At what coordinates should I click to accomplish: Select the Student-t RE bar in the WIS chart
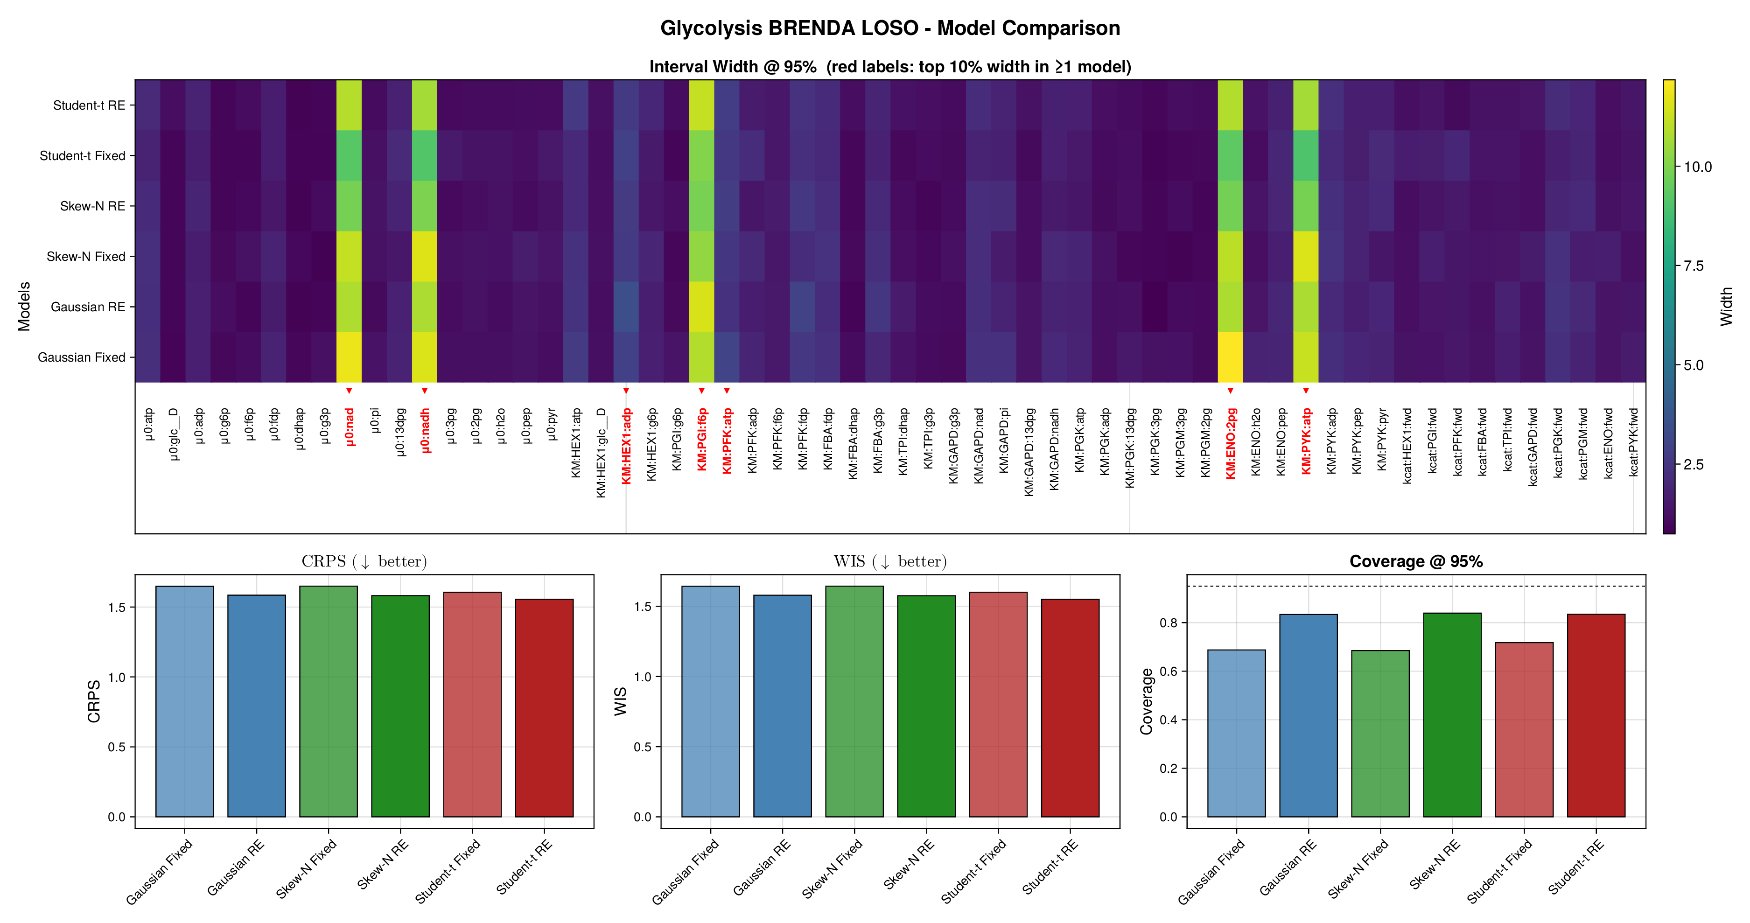[x=1070, y=708]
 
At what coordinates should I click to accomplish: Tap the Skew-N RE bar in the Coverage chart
[x=1452, y=714]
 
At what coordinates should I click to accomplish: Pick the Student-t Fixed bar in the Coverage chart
[x=1525, y=729]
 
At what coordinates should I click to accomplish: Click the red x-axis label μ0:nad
[x=349, y=427]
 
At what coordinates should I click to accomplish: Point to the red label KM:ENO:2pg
[x=1230, y=443]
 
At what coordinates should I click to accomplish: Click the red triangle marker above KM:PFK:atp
[x=727, y=391]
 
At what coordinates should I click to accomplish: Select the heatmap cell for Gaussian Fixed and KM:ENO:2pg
[x=1230, y=357]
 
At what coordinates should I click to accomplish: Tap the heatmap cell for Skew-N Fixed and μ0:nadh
[x=425, y=257]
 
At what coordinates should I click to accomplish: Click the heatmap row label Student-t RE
[x=89, y=105]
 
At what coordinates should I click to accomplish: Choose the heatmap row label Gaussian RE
[x=88, y=307]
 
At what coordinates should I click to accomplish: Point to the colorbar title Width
[x=1726, y=306]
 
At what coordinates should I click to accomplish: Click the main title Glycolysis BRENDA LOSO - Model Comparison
[x=890, y=28]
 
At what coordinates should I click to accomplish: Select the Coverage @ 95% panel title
[x=1416, y=562]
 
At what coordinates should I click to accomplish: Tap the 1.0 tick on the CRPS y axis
[x=117, y=677]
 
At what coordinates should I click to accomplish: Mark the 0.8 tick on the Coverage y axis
[x=1169, y=623]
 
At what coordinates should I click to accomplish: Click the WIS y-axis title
[x=620, y=701]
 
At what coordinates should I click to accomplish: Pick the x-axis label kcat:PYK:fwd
[x=1633, y=441]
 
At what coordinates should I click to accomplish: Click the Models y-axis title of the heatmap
[x=24, y=306]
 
